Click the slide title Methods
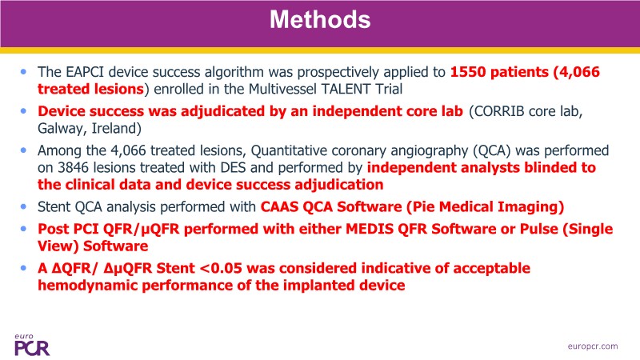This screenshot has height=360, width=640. [x=320, y=19]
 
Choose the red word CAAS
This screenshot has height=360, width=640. [x=278, y=207]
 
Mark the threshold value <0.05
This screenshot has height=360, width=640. [x=221, y=269]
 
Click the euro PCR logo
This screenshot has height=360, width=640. [x=32, y=345]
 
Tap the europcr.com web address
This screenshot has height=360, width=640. [x=593, y=346]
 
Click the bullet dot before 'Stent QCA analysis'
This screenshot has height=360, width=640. [x=24, y=207]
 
